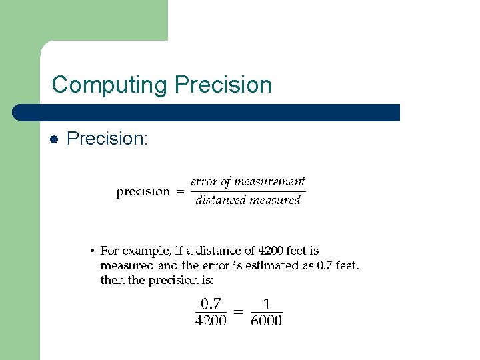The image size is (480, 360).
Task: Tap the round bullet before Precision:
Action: [54, 140]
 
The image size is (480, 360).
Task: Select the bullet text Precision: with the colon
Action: [107, 139]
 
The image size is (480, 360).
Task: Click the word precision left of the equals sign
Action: [143, 192]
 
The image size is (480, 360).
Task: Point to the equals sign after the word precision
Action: [180, 192]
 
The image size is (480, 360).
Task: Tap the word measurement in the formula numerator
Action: [269, 181]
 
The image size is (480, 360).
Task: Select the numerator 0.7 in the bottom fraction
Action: [211, 304]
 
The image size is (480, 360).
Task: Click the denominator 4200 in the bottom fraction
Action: [211, 321]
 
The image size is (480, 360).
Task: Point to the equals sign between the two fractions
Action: [238, 311]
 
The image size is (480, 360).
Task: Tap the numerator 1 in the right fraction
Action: [267, 304]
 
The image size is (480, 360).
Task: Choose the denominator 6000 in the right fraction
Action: [266, 321]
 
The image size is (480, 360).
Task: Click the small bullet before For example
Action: [92, 251]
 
